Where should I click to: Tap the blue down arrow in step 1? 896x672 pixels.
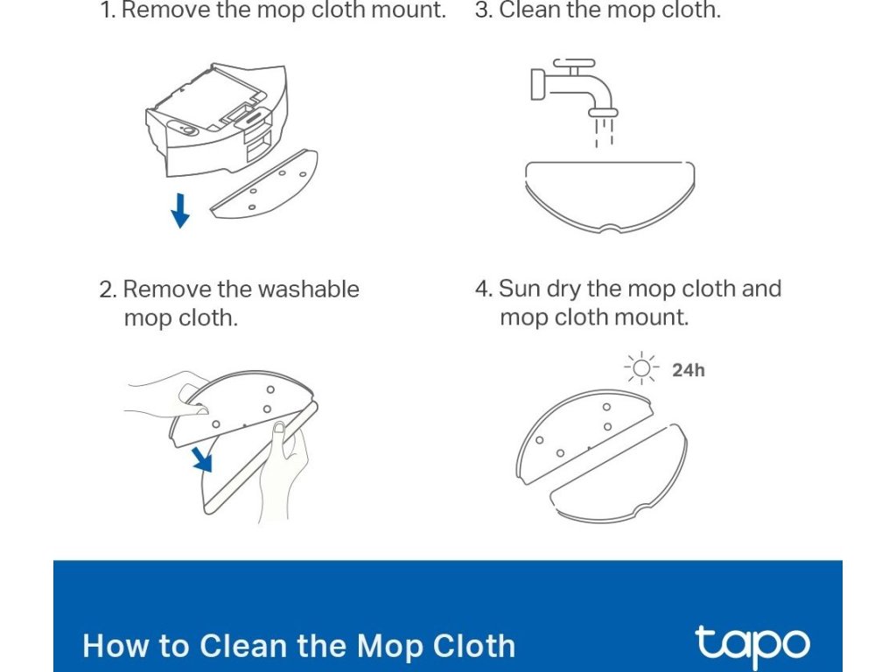(180, 211)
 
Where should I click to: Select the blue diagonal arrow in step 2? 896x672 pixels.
(202, 459)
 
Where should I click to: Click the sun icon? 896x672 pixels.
(641, 368)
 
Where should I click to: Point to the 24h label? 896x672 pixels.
(688, 370)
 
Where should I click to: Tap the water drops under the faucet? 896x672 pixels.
(604, 133)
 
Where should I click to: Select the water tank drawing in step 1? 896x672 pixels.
(216, 119)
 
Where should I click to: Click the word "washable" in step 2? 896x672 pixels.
(308, 289)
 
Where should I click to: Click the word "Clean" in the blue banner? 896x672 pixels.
(243, 647)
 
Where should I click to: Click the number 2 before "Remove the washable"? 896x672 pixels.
(108, 290)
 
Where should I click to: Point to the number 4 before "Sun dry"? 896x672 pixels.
(483, 289)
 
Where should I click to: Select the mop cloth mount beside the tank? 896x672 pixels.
(264, 184)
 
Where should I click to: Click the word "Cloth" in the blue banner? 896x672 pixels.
(473, 647)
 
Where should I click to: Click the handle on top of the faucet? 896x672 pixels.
(574, 63)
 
